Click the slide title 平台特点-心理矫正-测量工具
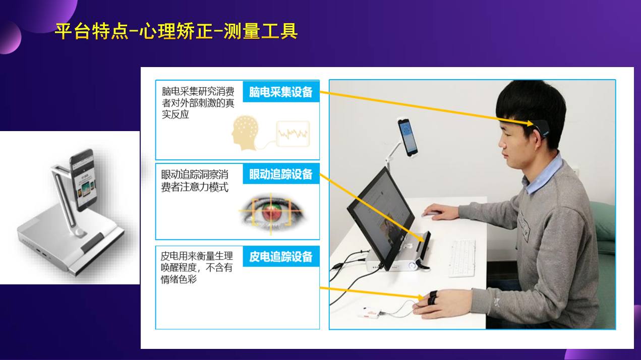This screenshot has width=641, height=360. coord(176,31)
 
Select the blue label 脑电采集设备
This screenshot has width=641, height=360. coord(281,92)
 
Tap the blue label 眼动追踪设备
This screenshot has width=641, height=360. coord(281,174)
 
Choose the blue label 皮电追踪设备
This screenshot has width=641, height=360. coord(281,256)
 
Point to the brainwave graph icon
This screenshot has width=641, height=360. coord(293,134)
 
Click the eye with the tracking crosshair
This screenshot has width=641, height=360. coord(271,211)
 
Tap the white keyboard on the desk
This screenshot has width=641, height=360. coord(461,258)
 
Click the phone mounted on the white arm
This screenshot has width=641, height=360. coord(407,136)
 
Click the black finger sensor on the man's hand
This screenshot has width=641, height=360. coord(432,298)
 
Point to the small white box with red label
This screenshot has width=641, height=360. coord(371,313)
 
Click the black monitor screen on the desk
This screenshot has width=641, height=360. coord(379,217)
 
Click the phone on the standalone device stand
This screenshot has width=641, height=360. coord(83,179)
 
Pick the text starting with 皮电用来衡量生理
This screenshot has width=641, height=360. coord(197,267)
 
